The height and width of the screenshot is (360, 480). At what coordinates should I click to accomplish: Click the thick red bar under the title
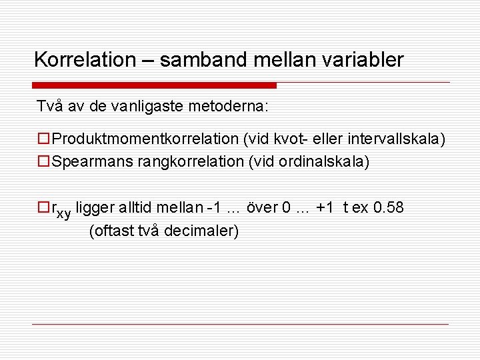tap(155, 85)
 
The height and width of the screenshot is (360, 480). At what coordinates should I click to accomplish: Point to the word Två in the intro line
tap(49, 106)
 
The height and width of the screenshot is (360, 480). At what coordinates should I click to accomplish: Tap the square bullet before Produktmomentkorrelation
tap(43, 139)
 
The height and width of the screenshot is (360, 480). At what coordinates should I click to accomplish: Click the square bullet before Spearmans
tap(43, 162)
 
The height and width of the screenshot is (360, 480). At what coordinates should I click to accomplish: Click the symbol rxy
tap(61, 210)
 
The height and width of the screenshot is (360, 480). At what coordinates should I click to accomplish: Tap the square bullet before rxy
tap(43, 208)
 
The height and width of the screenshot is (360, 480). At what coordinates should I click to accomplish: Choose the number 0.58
tap(389, 207)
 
